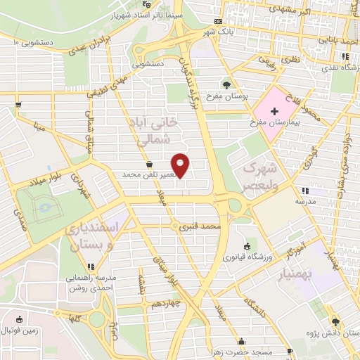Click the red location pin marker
pos(181,165)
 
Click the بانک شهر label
pos(217,32)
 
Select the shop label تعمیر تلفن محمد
pos(148,174)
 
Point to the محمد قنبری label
pos(202,227)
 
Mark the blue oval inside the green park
pos(46,207)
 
